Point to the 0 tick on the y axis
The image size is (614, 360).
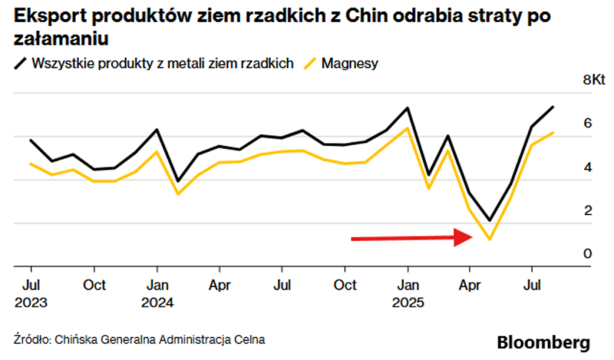pos(588,254)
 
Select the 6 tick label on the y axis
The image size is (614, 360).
pos(588,124)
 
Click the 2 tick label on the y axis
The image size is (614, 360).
pos(588,211)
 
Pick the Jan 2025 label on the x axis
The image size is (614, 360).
pos(408,292)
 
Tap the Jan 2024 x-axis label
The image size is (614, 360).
pos(157,292)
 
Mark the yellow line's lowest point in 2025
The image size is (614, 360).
pos(490,240)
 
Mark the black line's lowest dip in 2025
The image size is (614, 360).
pos(490,220)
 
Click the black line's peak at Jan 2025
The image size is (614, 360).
pos(408,108)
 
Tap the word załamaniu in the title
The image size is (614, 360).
pos(60,40)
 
